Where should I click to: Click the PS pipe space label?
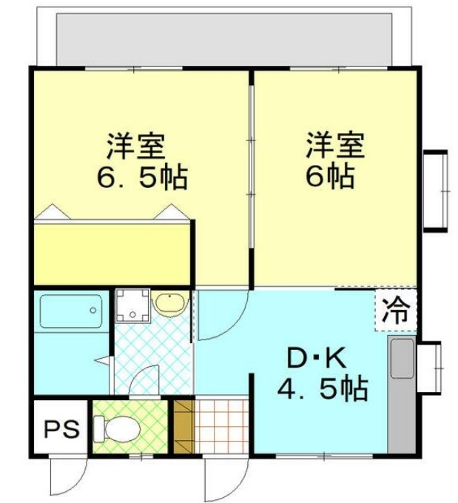[x=61, y=429]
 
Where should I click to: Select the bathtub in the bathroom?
[x=71, y=311]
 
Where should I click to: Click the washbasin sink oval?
[x=170, y=303]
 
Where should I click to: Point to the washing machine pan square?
[x=133, y=305]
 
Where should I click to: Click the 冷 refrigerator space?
[x=396, y=309]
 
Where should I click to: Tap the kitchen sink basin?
[x=402, y=358]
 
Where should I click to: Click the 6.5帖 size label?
[x=142, y=177]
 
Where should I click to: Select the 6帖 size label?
[x=330, y=177]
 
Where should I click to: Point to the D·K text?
[x=317, y=359]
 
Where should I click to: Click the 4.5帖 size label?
[x=323, y=389]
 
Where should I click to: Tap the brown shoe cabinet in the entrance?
[x=184, y=426]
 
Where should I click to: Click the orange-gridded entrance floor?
[x=221, y=426]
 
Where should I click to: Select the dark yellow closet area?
[x=112, y=254]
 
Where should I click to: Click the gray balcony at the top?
[x=224, y=39]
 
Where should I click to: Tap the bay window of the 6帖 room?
[x=436, y=191]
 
